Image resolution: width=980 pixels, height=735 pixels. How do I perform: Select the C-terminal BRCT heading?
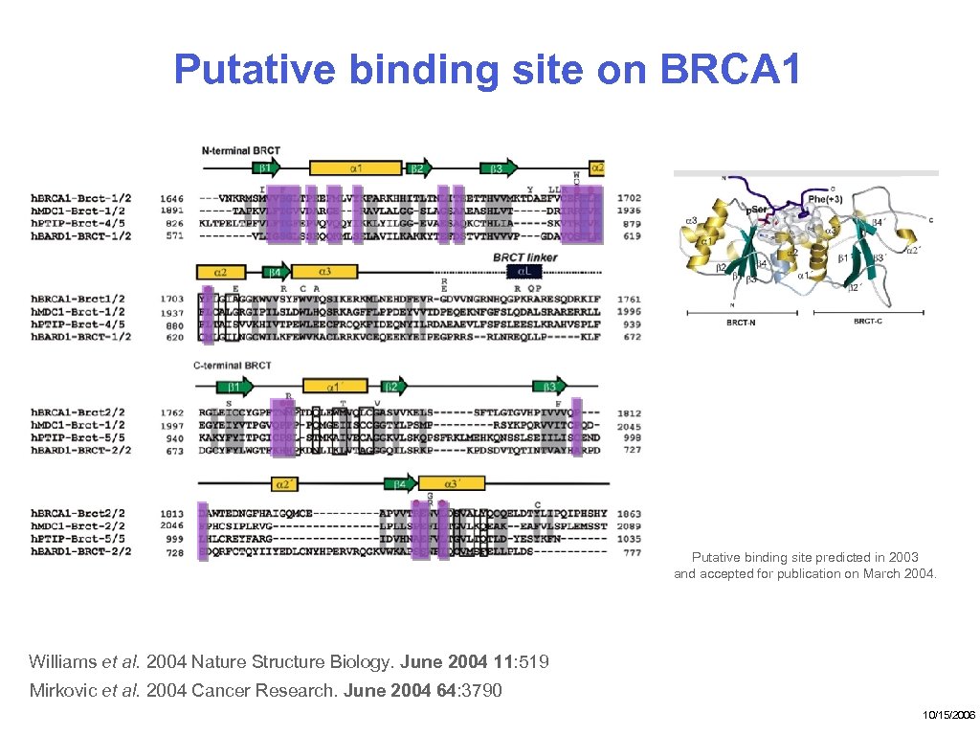tap(233, 366)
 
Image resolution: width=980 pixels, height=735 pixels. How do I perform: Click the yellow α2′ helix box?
tap(286, 484)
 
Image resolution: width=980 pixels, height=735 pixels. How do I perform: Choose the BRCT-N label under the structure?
tap(743, 323)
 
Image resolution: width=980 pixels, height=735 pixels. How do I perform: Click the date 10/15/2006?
tap(948, 715)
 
